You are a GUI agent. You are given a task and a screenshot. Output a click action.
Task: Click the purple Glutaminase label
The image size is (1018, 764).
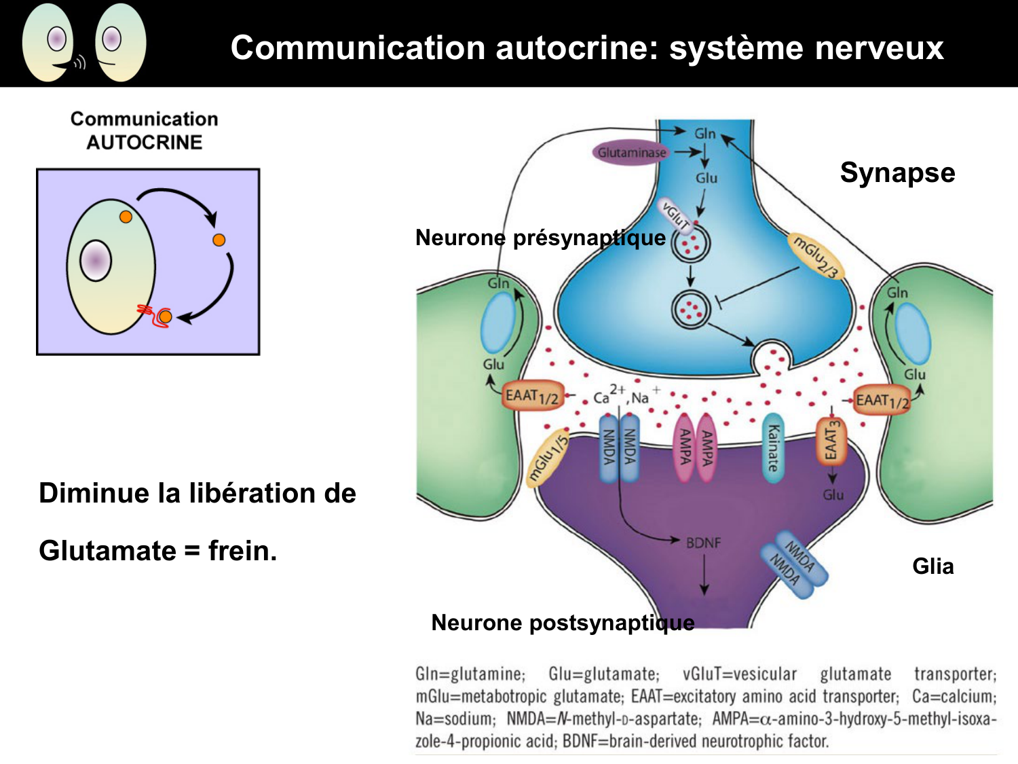coord(631,153)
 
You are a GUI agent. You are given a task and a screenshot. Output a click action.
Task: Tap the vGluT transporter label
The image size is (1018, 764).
coord(675,215)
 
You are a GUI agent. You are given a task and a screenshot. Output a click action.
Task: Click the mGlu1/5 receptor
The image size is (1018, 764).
coord(548,457)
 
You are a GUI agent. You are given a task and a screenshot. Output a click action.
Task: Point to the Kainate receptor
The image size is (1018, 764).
coord(773,448)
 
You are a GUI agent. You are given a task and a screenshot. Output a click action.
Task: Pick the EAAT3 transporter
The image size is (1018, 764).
coord(831,441)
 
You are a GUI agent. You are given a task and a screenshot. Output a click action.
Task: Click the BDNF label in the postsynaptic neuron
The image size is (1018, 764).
coord(703,543)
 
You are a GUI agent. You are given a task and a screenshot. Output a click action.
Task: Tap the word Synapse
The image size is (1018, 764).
coord(897,172)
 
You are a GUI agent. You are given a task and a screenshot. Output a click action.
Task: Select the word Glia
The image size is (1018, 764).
coord(932,566)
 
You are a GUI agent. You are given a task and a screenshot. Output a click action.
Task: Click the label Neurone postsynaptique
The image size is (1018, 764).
coord(563,623)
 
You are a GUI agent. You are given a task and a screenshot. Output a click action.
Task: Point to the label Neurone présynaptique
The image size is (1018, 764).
coord(540,238)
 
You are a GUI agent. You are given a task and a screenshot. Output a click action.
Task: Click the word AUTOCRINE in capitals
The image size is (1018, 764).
coord(144,143)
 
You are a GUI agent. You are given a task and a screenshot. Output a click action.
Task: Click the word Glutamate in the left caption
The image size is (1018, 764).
coord(107,551)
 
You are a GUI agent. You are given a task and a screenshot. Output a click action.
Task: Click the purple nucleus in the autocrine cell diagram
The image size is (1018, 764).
coord(96,260)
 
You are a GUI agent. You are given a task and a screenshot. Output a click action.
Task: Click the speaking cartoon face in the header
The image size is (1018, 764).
coord(49,42)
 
